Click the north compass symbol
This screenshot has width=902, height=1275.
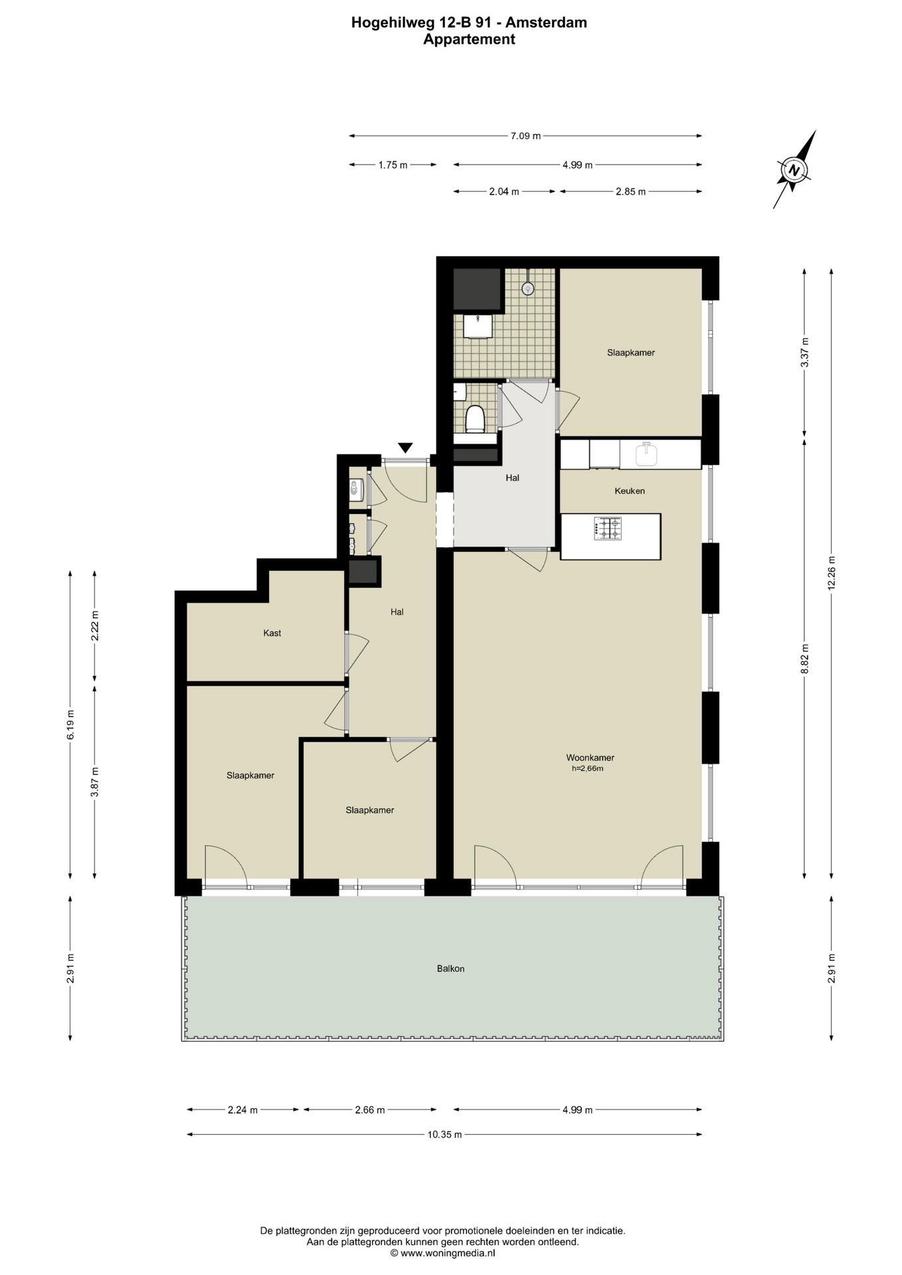pyautogui.click(x=794, y=170)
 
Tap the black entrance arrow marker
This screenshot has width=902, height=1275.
pyautogui.click(x=405, y=448)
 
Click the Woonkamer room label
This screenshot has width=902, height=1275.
pyautogui.click(x=590, y=758)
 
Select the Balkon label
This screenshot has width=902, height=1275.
pyautogui.click(x=450, y=969)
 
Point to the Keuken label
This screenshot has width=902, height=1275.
pyautogui.click(x=630, y=491)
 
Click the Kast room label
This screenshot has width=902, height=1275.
pyautogui.click(x=272, y=634)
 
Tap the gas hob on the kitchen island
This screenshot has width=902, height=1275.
pyautogui.click(x=608, y=529)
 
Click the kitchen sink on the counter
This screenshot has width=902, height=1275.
pyautogui.click(x=646, y=455)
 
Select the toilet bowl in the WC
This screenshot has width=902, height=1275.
pyautogui.click(x=474, y=419)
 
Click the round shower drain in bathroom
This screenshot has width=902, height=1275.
pyautogui.click(x=528, y=288)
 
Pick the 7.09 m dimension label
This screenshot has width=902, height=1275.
pyautogui.click(x=525, y=136)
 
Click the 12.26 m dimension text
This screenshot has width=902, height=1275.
pyautogui.click(x=832, y=572)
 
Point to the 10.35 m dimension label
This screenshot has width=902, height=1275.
pyautogui.click(x=444, y=1135)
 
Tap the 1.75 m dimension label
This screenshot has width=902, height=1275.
pyautogui.click(x=393, y=165)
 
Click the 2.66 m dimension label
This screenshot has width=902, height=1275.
pyautogui.click(x=370, y=1110)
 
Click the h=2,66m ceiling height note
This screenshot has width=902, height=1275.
pyautogui.click(x=588, y=769)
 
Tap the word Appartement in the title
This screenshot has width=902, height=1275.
pyautogui.click(x=470, y=39)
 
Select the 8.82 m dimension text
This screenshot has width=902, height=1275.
pyautogui.click(x=804, y=659)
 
